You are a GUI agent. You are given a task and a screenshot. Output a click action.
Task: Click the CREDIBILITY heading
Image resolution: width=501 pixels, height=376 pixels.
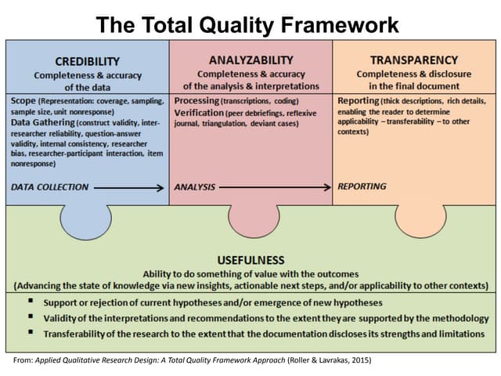(x=88, y=61)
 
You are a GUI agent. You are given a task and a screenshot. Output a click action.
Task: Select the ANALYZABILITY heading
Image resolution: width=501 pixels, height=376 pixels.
(x=251, y=60)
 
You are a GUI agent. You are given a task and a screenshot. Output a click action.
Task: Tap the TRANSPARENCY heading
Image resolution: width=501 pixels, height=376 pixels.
(x=413, y=60)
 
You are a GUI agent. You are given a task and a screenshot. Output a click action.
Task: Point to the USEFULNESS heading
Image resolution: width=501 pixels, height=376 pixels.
(x=251, y=259)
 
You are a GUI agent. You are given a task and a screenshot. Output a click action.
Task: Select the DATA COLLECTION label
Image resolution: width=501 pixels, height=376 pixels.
(x=50, y=187)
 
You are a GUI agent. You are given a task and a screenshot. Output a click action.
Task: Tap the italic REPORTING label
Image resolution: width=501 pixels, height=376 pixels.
(x=362, y=186)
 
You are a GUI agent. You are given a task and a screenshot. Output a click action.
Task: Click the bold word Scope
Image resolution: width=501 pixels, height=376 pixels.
(x=23, y=101)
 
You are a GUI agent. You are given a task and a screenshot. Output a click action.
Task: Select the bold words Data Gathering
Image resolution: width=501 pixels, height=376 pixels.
(x=41, y=124)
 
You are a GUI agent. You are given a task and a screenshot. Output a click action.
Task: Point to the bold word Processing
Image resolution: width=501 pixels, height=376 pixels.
(x=196, y=101)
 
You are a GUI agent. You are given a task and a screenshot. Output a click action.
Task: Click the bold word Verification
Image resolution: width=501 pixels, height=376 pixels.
(x=200, y=113)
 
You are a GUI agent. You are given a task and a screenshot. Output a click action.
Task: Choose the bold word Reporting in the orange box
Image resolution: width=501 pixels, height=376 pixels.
(x=359, y=101)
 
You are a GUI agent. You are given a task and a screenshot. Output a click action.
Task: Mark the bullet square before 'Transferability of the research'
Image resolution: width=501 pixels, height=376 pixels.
(x=28, y=334)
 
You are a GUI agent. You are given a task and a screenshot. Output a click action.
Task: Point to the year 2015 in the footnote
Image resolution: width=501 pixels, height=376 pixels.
(x=359, y=360)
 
